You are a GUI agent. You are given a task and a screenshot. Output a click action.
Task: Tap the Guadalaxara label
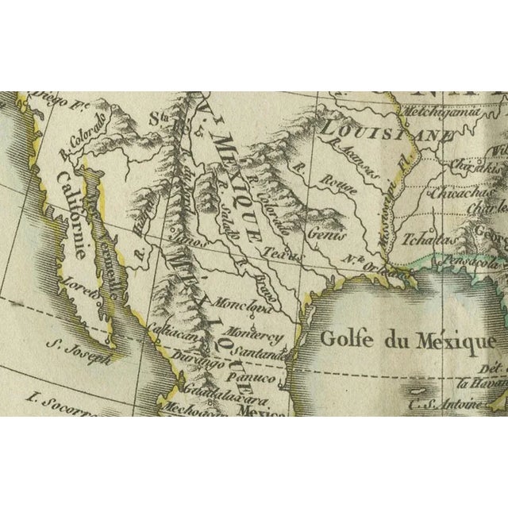pyautogui.click(x=209, y=393)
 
